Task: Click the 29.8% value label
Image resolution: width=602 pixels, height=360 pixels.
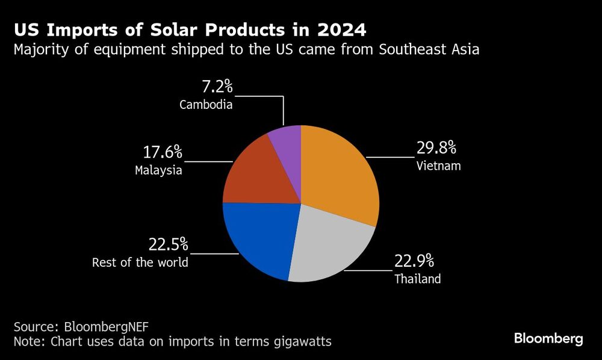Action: click(x=436, y=147)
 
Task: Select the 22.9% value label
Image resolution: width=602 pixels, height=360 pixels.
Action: click(x=414, y=261)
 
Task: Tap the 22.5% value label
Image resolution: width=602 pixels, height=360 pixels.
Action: click(x=169, y=245)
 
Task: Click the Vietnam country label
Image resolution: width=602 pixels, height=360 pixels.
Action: click(x=438, y=166)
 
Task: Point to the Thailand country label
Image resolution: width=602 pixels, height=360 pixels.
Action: click(x=418, y=279)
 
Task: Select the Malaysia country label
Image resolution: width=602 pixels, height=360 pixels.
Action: click(x=158, y=170)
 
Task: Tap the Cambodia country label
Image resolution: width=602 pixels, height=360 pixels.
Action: click(x=206, y=104)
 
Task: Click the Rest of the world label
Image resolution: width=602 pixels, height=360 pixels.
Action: click(x=140, y=263)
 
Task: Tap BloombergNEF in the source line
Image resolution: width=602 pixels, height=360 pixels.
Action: click(x=106, y=327)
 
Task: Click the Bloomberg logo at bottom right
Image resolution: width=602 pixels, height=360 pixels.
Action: click(x=548, y=338)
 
